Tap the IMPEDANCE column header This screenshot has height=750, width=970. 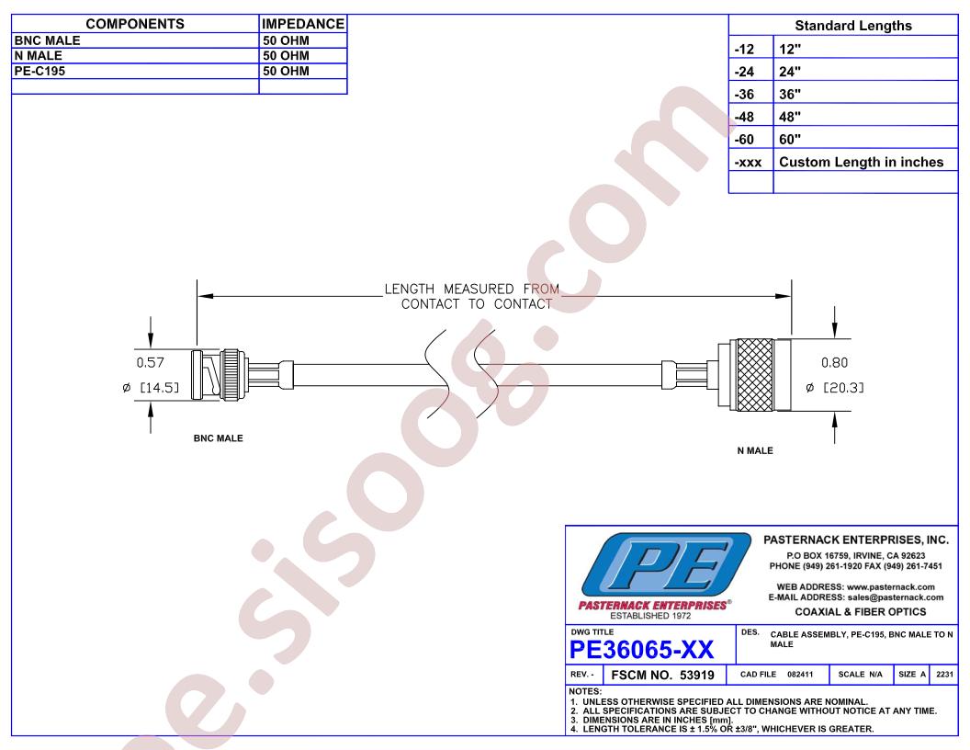tap(302, 24)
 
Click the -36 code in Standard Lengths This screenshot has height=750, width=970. tap(744, 94)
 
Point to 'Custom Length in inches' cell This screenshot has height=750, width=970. tap(861, 162)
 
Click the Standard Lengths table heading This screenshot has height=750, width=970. tap(853, 26)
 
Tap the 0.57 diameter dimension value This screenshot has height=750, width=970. tap(151, 362)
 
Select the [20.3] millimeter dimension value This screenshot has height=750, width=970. tap(843, 387)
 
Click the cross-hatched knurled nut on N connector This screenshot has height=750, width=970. tap(755, 375)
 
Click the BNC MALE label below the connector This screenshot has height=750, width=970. tap(219, 438)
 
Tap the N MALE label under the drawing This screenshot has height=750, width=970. tap(755, 450)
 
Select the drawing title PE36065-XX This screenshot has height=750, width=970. tap(641, 650)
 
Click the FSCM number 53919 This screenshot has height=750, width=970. tap(696, 676)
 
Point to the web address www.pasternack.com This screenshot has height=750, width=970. tap(891, 586)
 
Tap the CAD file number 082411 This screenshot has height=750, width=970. tap(800, 674)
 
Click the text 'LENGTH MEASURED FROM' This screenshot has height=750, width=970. tap(471, 289)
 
